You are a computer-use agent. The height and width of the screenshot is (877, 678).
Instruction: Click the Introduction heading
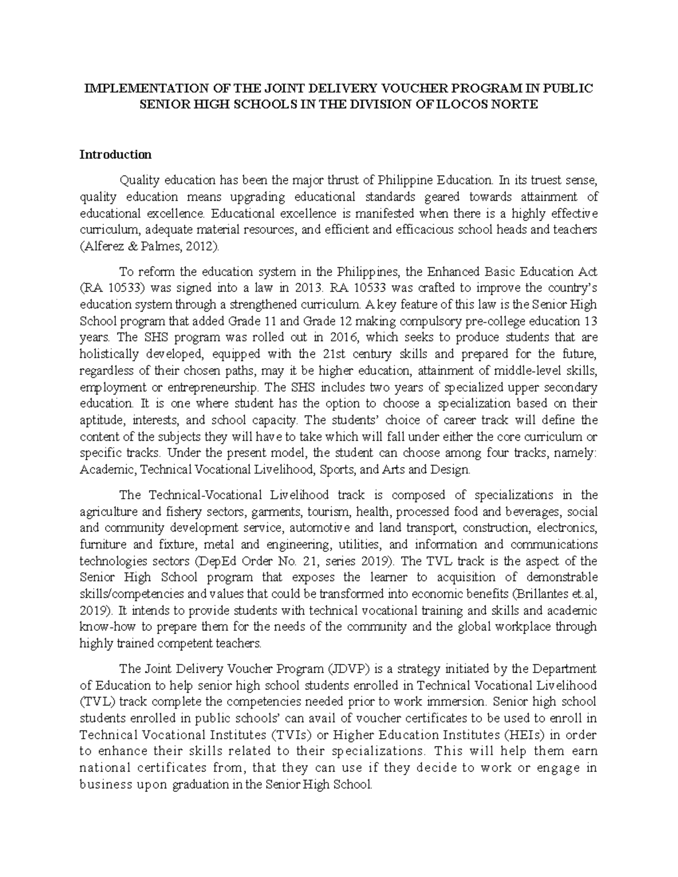[x=115, y=154]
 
